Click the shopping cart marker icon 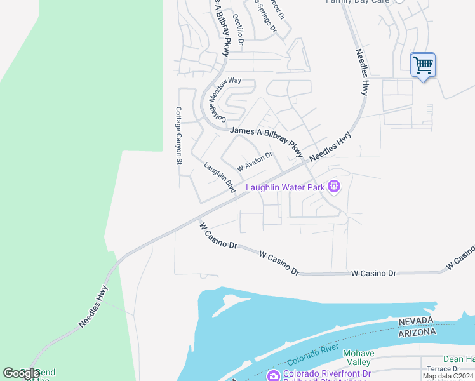pyautogui.click(x=422, y=65)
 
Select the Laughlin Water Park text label pyautogui.click(x=285, y=187)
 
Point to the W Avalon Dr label pyautogui.click(x=254, y=161)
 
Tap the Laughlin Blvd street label pyautogui.click(x=220, y=178)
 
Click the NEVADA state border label pyautogui.click(x=416, y=321)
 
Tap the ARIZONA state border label pyautogui.click(x=417, y=332)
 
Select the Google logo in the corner pyautogui.click(x=21, y=373)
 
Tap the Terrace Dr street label pyautogui.click(x=443, y=369)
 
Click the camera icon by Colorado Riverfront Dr pyautogui.click(x=274, y=375)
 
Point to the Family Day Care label pyautogui.click(x=358, y=1)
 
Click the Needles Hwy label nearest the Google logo pyautogui.click(x=94, y=306)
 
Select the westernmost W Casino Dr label pyautogui.click(x=217, y=235)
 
